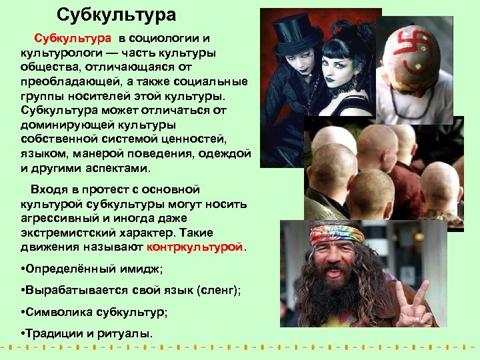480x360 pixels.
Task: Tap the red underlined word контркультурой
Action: [x=195, y=247]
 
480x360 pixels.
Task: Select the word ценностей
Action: [x=193, y=139]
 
